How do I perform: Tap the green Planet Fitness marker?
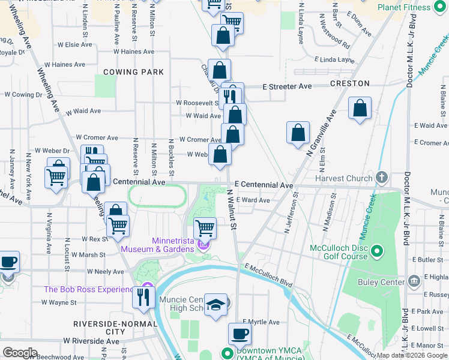[441, 7]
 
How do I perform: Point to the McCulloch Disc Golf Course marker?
[377, 251]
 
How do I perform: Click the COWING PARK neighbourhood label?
[133, 72]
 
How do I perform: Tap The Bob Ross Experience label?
[88, 289]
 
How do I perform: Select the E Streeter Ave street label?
[288, 86]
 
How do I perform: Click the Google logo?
[20, 352]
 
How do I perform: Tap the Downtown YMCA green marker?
[227, 353]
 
